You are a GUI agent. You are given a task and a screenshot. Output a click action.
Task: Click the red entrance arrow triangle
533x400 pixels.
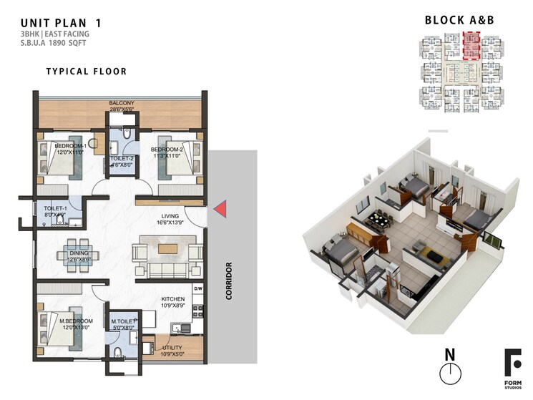(221, 209)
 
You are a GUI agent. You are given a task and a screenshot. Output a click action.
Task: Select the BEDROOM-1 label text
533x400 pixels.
(70, 146)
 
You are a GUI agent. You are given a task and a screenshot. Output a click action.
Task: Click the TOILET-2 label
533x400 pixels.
(122, 159)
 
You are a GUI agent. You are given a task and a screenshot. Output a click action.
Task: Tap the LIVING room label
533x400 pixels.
(169, 215)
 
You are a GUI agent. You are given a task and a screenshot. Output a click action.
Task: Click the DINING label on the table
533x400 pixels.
(79, 253)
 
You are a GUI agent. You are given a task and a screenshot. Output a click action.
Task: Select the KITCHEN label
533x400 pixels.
(172, 299)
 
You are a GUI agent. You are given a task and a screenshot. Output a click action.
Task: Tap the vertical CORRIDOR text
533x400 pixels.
(229, 281)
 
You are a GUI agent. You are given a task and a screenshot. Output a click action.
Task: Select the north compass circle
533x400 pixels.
(449, 374)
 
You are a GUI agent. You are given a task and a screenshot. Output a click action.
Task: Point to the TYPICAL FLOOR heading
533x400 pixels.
(86, 72)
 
